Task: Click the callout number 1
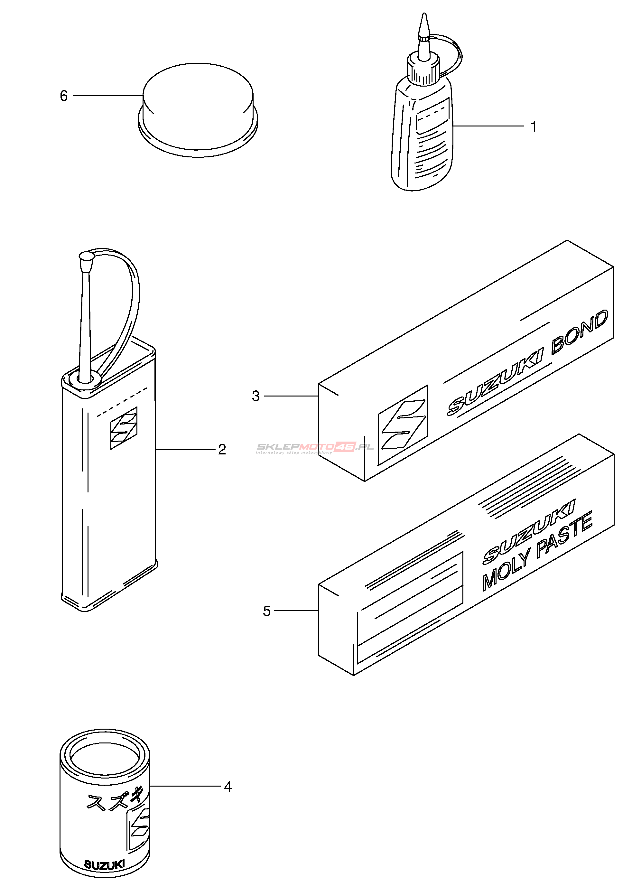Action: click(534, 127)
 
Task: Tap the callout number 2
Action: click(222, 450)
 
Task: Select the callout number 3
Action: click(256, 396)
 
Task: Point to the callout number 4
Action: click(228, 787)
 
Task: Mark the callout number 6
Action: click(64, 96)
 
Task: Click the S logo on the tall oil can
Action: click(124, 428)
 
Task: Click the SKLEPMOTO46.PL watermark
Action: click(314, 448)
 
